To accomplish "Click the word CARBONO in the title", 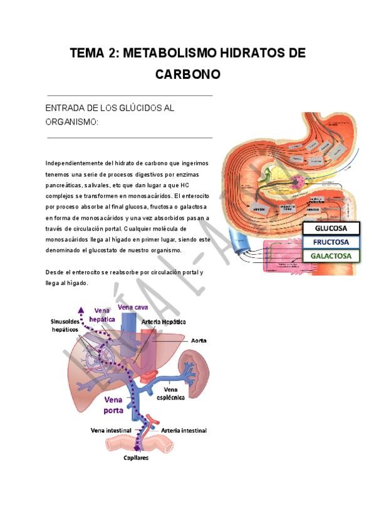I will click(188, 74).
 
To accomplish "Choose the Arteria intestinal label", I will click(184, 431).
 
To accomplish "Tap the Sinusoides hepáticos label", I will click(65, 325).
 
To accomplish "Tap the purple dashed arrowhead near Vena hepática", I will click(80, 309).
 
